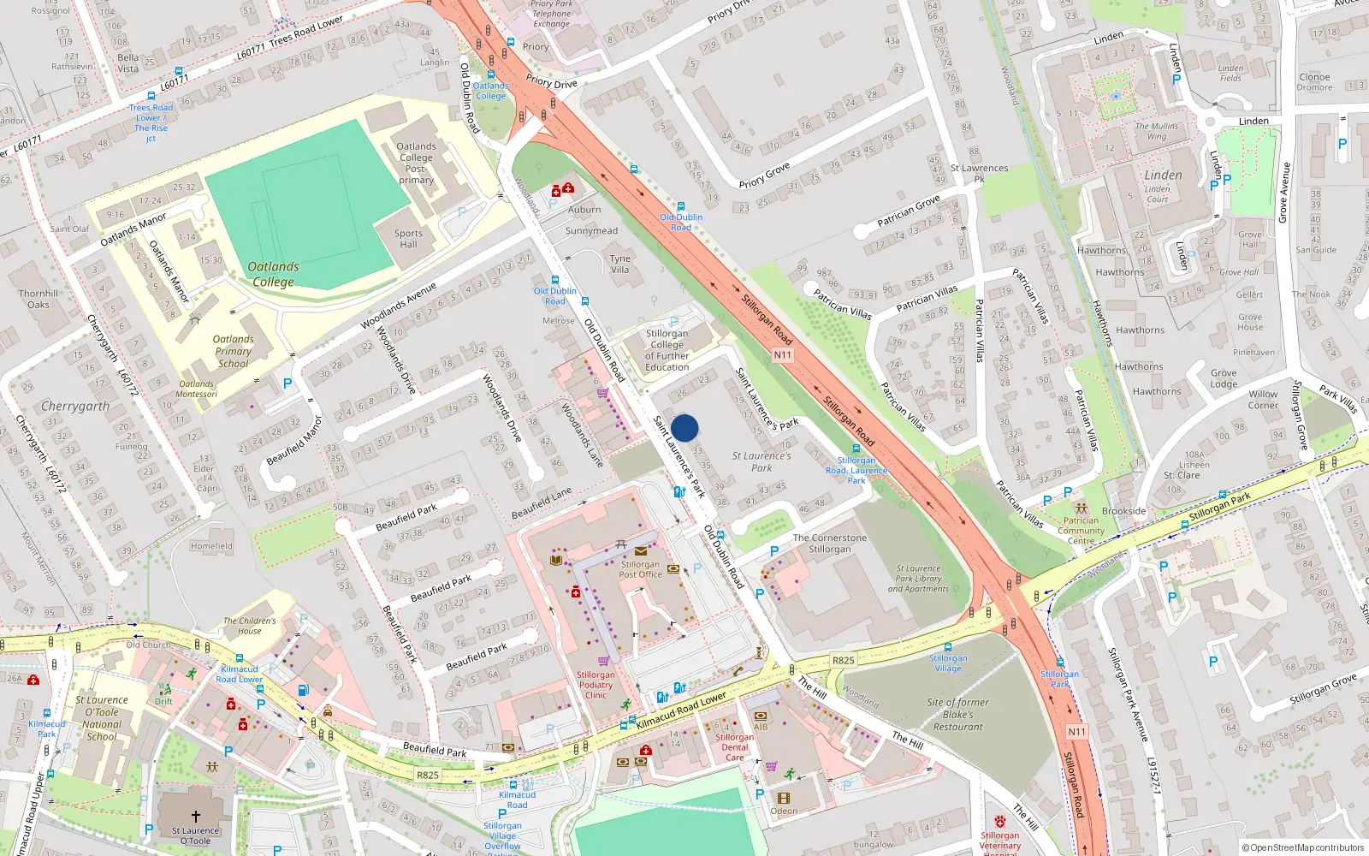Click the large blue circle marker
point(684,428)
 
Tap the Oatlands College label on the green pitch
point(273,274)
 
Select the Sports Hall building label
point(408,239)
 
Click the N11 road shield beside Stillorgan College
point(782,354)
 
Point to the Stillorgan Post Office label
point(640,569)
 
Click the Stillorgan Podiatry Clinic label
point(596,685)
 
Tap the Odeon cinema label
point(784,811)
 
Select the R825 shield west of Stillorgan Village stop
point(843,660)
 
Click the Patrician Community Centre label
point(1081,531)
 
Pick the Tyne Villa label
point(619,264)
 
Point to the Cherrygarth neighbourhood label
point(75,407)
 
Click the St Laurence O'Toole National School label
point(102,718)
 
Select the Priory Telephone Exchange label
point(551,14)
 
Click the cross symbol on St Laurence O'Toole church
point(195,817)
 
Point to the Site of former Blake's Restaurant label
point(957,714)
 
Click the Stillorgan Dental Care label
point(734,746)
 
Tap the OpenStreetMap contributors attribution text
point(1303,847)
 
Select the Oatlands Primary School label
point(233,351)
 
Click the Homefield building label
point(211,546)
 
